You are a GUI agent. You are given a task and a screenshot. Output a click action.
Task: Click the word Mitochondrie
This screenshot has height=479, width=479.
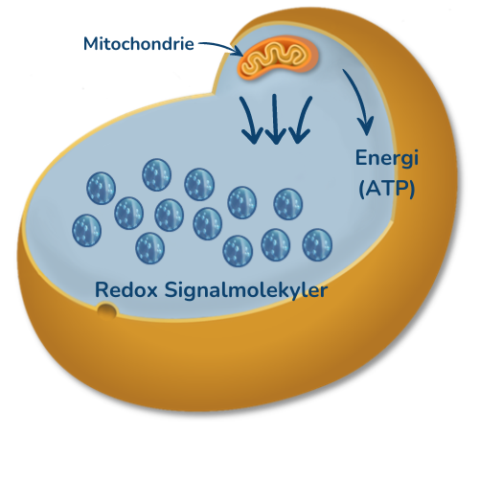[x=139, y=43]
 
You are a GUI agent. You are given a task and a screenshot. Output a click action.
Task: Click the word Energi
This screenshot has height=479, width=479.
[x=387, y=159]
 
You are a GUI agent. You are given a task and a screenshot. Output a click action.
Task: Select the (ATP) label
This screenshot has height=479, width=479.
[x=387, y=189]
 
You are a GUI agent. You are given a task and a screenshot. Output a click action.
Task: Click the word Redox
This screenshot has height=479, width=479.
[x=126, y=290]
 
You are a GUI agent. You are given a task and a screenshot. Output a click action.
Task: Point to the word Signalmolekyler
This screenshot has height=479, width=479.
[x=246, y=290]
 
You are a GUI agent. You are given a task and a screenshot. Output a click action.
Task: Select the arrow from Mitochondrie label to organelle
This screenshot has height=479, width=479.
[x=220, y=47]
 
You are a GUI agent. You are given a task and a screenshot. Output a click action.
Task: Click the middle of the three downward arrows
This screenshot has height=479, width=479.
[x=275, y=119]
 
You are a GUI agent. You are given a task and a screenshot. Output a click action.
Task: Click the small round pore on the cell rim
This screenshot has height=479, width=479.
[x=106, y=309]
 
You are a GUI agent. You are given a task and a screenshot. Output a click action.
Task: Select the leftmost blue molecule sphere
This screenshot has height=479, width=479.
[x=86, y=230]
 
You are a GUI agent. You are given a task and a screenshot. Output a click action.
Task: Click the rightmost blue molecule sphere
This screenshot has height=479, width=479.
[x=317, y=244]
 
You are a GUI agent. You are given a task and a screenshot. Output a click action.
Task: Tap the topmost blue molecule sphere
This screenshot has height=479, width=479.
[x=156, y=174]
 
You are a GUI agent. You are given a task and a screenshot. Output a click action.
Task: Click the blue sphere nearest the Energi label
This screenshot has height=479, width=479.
[x=288, y=204]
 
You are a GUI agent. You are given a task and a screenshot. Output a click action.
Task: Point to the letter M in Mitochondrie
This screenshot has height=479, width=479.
[x=90, y=44]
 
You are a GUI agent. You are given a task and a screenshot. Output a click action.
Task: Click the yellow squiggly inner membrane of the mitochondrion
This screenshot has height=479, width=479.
[x=272, y=59]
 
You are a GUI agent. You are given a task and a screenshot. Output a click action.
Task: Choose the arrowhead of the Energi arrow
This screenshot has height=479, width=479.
[x=365, y=126]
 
